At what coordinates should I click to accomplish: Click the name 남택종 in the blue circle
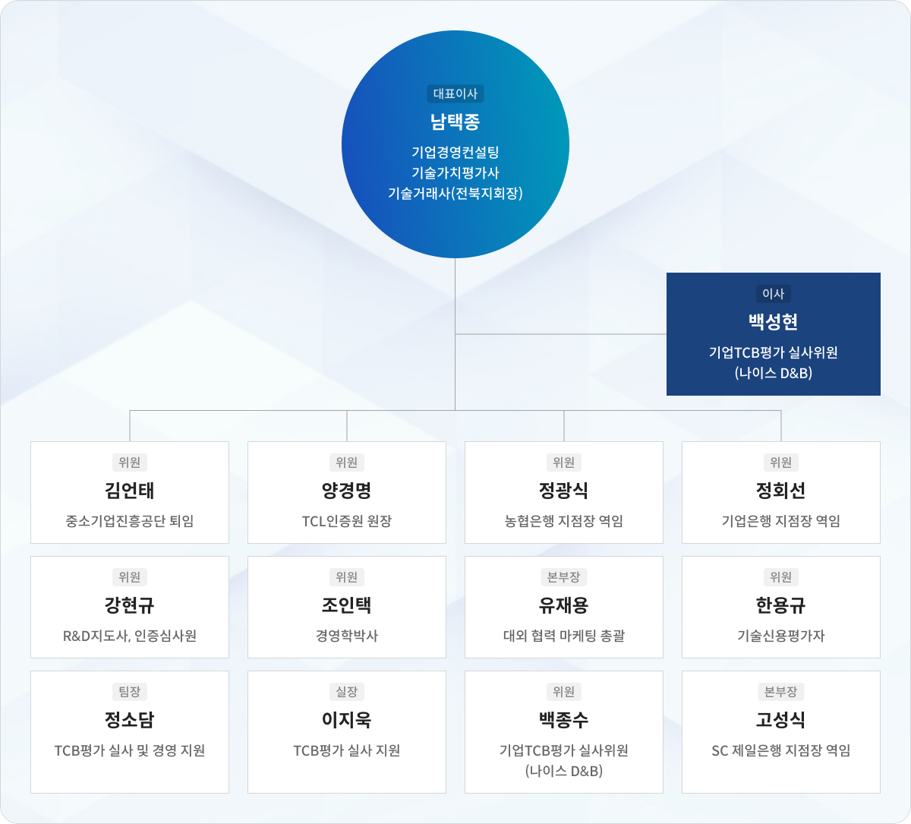coord(455,122)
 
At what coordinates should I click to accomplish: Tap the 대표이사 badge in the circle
coord(455,93)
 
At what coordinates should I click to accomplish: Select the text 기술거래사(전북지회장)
coord(455,193)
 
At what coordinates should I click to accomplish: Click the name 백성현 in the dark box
coord(773,322)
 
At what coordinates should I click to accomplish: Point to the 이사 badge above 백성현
coord(773,294)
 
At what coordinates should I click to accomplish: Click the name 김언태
coord(129,491)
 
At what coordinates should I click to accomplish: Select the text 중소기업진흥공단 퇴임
coord(129,521)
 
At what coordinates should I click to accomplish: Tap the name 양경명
coord(346,491)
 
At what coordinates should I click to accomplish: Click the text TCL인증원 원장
coord(346,521)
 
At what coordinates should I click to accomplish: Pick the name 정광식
coord(563,491)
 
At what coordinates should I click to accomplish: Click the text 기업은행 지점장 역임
coord(780,521)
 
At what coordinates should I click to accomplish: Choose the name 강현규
coord(129,605)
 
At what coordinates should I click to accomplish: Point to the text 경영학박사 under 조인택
coord(346,636)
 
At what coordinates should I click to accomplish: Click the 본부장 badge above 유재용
coord(563,577)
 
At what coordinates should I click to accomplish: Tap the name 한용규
coord(780,605)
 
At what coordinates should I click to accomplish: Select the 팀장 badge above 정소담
coord(129,692)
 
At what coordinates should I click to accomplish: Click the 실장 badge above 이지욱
coord(346,692)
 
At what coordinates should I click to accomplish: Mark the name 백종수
coord(563,720)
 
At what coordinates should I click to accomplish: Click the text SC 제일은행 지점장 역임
coord(780,750)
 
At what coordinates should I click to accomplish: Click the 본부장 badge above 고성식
coord(780,692)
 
